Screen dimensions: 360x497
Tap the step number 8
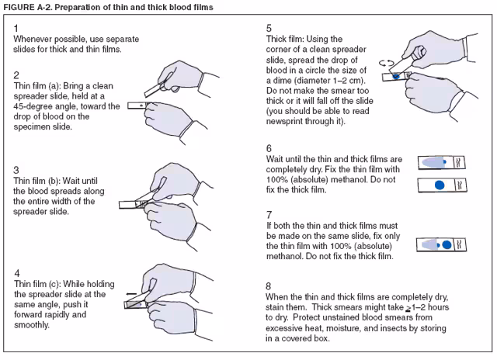coord(269,286)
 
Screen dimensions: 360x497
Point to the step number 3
coord(17,169)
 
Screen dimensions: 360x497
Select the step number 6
coord(269,148)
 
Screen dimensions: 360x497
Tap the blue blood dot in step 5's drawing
coord(396,76)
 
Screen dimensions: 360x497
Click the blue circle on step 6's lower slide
coord(439,185)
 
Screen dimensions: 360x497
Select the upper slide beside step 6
coord(443,162)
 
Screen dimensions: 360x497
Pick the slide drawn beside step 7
coord(443,244)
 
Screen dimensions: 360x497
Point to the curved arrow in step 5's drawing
coord(383,61)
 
